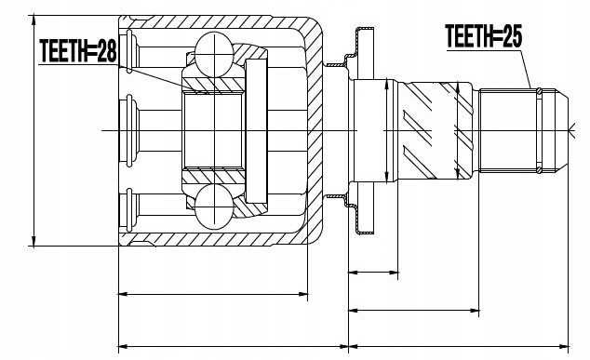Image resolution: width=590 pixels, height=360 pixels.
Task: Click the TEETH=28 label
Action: pyautogui.click(x=78, y=51)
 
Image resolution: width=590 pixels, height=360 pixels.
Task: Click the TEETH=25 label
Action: pyautogui.click(x=484, y=36)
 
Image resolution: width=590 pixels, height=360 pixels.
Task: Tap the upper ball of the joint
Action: pyautogui.click(x=214, y=55)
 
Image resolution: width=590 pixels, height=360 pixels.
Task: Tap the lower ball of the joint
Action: pyautogui.click(x=214, y=207)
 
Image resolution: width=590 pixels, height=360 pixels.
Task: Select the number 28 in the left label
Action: pyautogui.click(x=107, y=51)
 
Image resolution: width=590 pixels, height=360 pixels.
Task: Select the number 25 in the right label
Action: pyautogui.click(x=512, y=36)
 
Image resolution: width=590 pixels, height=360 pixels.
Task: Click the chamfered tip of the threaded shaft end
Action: pyautogui.click(x=562, y=130)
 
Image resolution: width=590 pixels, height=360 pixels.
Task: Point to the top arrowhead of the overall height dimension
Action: pyautogui.click(x=34, y=20)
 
